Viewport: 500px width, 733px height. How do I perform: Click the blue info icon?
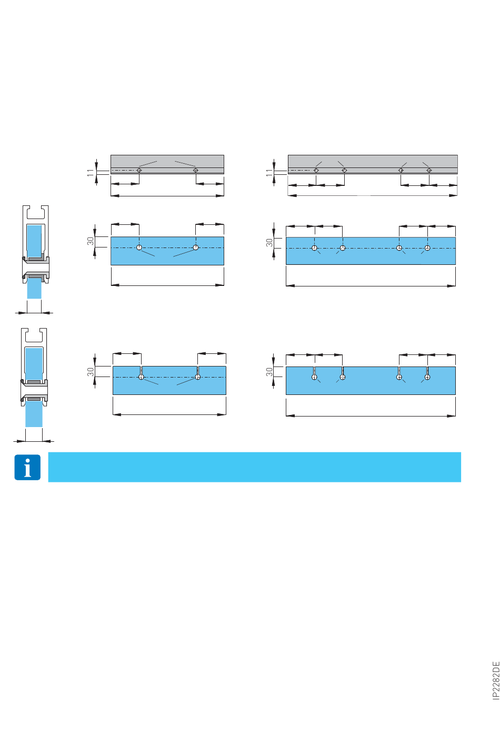[x=27, y=467]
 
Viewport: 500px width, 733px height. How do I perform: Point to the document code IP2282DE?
[x=496, y=681]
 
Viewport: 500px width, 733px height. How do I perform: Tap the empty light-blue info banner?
[x=254, y=467]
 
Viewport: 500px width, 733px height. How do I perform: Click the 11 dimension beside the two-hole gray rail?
[x=90, y=172]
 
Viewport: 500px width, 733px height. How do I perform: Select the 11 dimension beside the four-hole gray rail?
[x=269, y=172]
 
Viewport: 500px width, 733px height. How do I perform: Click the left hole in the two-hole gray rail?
[x=139, y=170]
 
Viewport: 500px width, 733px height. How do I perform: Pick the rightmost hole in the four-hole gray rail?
[x=429, y=170]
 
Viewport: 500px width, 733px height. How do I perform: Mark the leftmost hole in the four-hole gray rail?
[x=316, y=170]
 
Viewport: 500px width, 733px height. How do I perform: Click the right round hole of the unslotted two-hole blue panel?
[x=196, y=247]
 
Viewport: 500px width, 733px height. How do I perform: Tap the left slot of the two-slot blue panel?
[x=141, y=373]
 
